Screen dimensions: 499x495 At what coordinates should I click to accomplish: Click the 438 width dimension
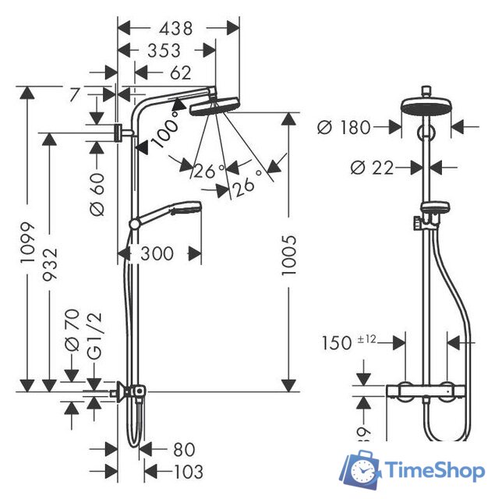point(177,29)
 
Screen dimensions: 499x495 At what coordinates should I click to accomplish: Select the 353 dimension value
point(164,51)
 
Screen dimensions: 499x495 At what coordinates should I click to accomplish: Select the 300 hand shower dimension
point(158,253)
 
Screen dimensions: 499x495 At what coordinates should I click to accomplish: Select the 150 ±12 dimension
point(350,343)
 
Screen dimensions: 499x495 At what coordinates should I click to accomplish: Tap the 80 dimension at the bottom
point(183,450)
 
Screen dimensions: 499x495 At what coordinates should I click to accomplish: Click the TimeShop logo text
point(437,470)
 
